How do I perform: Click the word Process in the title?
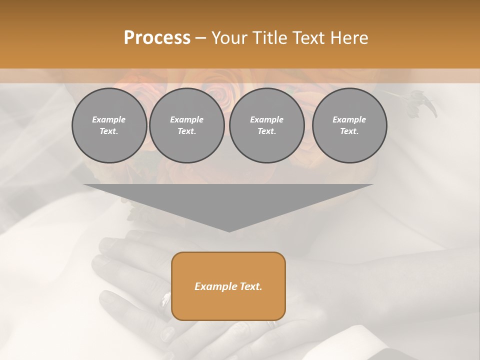pos(157,38)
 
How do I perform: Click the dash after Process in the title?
pos(201,39)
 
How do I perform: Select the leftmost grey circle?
pos(109,125)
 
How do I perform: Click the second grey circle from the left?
pos(186,125)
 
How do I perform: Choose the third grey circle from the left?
pos(266,125)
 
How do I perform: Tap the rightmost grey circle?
pos(349,125)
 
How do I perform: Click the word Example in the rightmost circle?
pos(349,119)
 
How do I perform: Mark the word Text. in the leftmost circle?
pos(109,131)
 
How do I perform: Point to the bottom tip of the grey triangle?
pos(229,231)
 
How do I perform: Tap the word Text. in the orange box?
pos(251,286)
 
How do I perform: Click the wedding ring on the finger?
pos(164,301)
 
